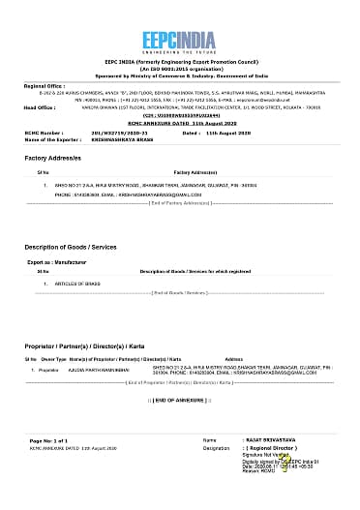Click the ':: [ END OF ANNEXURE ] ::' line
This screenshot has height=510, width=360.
click(x=180, y=398)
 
